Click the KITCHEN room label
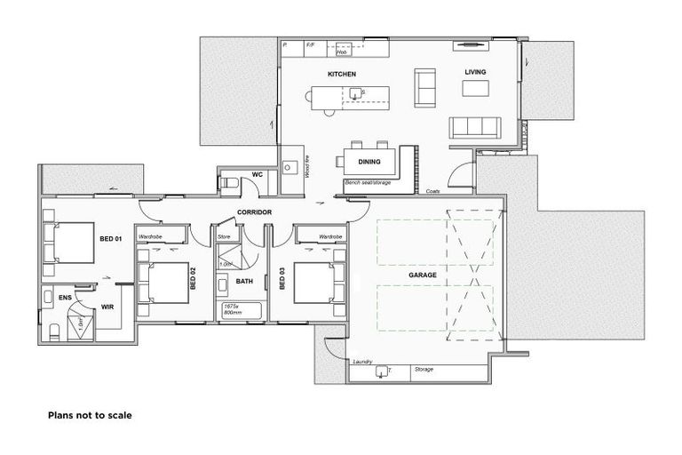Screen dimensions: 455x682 click(342, 74)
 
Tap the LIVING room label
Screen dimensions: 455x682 click(475, 72)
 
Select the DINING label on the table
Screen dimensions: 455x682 click(369, 162)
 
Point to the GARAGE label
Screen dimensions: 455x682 click(422, 275)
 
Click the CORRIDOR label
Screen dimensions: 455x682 click(253, 212)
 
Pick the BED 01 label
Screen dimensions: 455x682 click(109, 240)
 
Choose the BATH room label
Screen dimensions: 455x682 click(244, 282)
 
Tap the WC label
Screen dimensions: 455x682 click(257, 175)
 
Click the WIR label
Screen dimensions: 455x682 click(107, 307)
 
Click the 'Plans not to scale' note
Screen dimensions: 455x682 click(90, 414)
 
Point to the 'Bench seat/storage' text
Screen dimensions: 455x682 click(366, 182)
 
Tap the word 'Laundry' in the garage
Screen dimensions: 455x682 click(361, 363)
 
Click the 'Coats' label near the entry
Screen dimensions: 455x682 click(432, 191)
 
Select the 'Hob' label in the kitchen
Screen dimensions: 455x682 click(341, 52)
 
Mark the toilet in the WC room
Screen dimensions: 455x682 click(227, 183)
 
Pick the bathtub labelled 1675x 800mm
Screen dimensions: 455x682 click(240, 310)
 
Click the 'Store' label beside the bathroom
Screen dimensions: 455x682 click(225, 237)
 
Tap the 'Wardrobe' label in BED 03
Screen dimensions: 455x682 click(330, 237)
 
